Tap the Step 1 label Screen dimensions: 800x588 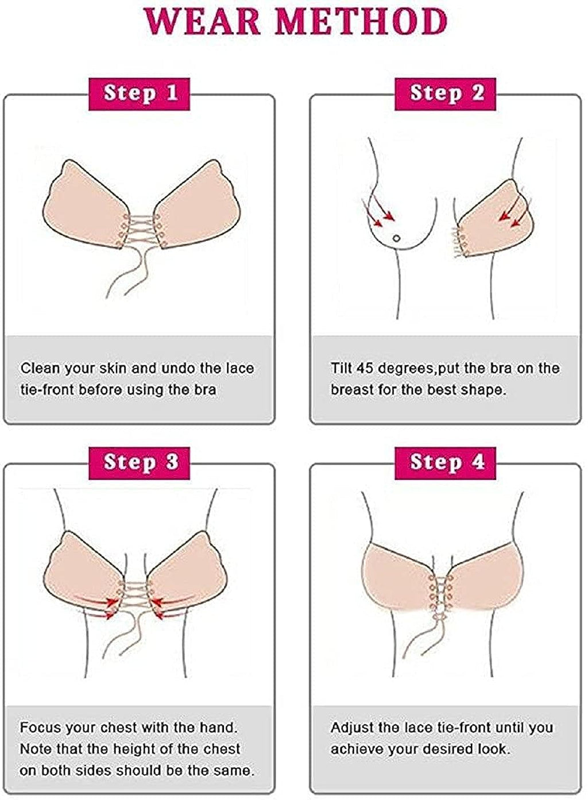tap(140, 93)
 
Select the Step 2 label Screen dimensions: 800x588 tap(446, 93)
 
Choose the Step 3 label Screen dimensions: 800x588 tap(140, 462)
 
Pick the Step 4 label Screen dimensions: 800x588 tap(446, 462)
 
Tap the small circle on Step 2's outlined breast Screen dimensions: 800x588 tap(396, 239)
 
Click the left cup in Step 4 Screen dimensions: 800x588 tap(396, 580)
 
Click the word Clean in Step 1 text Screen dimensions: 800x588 tap(40, 368)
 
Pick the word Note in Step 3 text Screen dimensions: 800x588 tap(33, 749)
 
